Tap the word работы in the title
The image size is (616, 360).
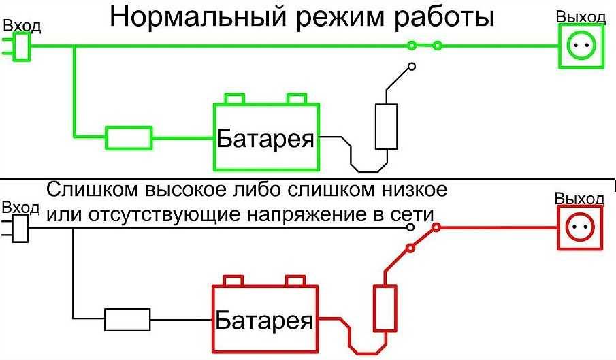(442, 17)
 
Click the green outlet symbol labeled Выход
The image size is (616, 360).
(581, 46)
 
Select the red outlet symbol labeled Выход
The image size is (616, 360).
(579, 227)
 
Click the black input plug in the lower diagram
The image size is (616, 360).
(18, 229)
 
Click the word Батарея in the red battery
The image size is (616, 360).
(265, 320)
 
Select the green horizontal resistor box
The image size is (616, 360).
(129, 137)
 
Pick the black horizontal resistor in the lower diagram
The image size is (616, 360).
(127, 318)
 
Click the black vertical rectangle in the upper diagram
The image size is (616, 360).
(386, 127)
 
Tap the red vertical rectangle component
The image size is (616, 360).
(385, 308)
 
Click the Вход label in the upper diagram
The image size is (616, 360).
(22, 27)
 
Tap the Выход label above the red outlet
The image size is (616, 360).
(579, 199)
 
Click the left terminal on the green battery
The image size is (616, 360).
(234, 99)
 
